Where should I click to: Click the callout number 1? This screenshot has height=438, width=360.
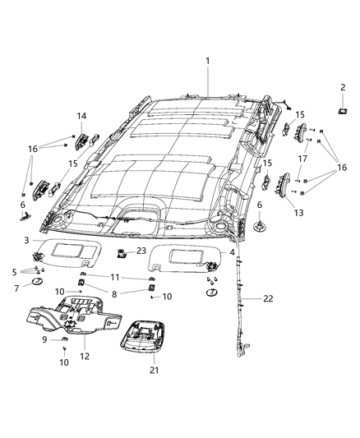pos(208,61)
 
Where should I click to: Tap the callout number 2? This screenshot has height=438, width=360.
pos(344,87)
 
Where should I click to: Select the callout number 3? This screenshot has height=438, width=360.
pos(26,240)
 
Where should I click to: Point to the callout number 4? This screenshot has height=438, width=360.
pos(233,251)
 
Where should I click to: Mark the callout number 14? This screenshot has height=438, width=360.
pos(82,116)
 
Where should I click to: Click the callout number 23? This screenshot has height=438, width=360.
pos(141,251)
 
